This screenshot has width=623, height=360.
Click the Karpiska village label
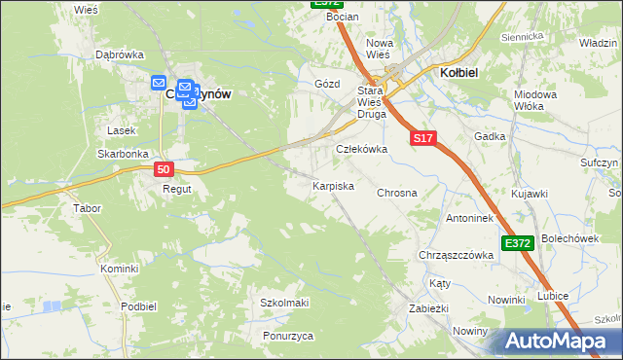click(332, 185)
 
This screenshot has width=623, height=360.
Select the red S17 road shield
click(421, 139)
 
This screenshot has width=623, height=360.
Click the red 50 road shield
click(165, 169)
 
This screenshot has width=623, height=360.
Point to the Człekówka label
click(362, 149)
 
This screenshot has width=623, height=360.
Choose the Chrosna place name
click(397, 193)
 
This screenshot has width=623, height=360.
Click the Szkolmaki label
click(284, 303)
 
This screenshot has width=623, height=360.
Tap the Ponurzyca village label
click(288, 336)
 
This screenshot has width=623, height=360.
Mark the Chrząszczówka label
click(456, 255)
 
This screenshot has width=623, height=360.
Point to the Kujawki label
click(530, 195)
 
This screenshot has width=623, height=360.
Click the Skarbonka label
click(122, 154)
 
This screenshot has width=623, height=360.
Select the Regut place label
click(176, 189)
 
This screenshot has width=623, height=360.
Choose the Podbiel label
click(139, 306)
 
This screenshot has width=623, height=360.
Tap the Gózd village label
click(327, 84)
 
